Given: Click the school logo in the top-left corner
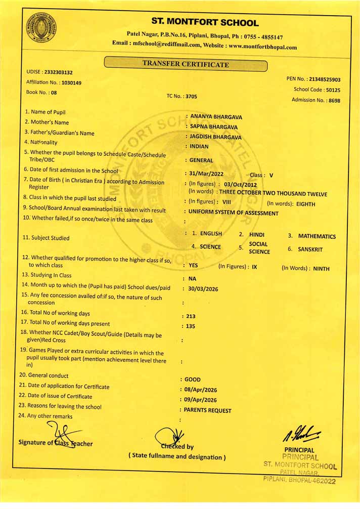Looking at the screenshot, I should (41, 29).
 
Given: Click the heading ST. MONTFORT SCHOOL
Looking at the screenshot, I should (205, 23).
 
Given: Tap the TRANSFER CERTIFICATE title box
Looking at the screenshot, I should (185, 64).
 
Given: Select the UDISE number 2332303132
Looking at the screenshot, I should (58, 72).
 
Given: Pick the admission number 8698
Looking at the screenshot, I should (334, 100).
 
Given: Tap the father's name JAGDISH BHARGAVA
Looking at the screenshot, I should (215, 137).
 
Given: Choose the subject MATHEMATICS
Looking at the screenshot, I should (317, 236).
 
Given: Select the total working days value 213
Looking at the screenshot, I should (191, 316).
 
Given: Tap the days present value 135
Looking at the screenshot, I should (191, 326).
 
